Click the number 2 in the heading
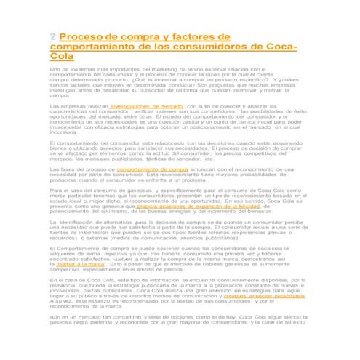click(x=53, y=36)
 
